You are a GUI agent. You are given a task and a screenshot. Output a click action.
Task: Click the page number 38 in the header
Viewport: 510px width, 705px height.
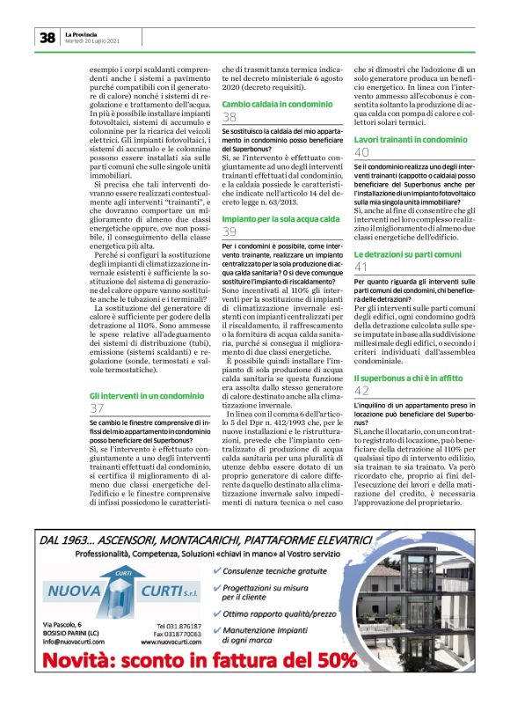47,37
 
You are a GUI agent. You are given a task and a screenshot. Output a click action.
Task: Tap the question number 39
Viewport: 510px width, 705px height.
229,231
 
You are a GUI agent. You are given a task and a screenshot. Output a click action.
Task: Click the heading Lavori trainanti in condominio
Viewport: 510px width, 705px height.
410,140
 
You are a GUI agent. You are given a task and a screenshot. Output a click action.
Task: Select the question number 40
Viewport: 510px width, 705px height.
361,152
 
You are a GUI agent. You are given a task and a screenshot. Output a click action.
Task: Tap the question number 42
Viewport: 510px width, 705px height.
361,389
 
